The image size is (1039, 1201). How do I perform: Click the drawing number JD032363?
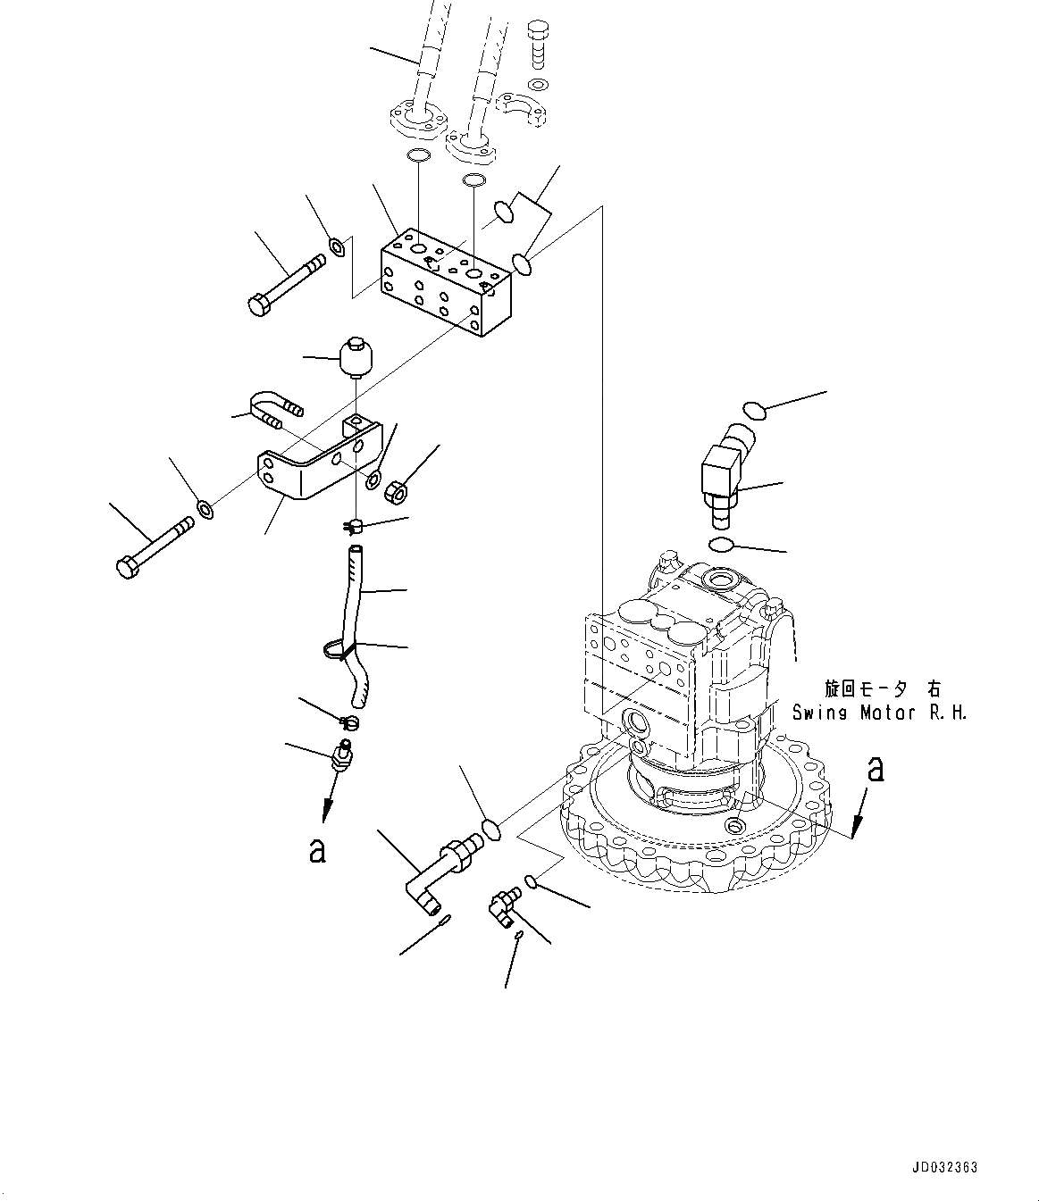pos(945,1167)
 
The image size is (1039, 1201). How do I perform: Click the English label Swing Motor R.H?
pos(879,713)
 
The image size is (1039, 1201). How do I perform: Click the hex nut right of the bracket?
pos(396,490)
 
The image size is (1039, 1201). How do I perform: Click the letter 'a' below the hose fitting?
pos(316,850)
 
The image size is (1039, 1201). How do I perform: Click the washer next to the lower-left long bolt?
pos(205,510)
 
